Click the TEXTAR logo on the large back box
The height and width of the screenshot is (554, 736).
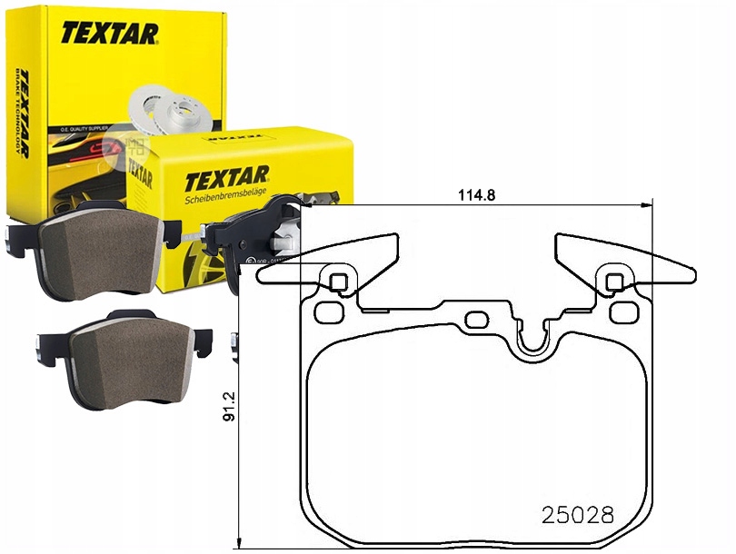pos(110,34)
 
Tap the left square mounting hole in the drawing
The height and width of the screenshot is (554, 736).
pos(338,282)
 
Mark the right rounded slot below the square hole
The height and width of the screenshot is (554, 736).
pos(622,312)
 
